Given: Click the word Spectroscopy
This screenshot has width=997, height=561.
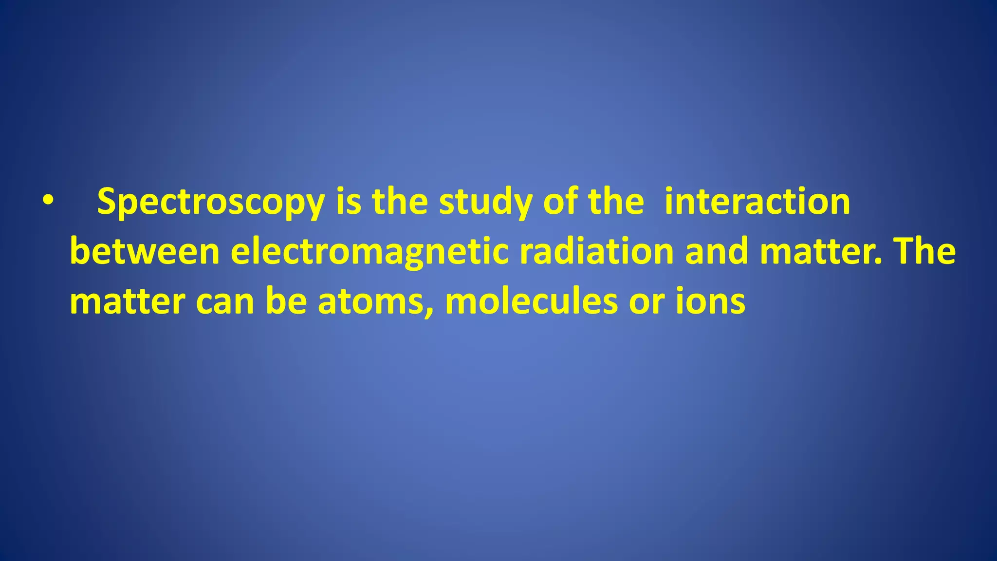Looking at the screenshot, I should (211, 202).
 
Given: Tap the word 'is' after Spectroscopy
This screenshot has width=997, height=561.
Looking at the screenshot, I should (349, 201).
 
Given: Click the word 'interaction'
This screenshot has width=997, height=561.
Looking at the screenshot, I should (757, 201).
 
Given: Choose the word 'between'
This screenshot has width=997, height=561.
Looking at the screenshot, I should (145, 252).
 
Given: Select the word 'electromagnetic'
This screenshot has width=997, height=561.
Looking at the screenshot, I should (369, 253).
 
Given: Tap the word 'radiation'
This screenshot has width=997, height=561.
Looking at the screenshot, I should (596, 252).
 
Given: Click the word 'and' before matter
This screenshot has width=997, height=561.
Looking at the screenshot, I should (716, 252).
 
